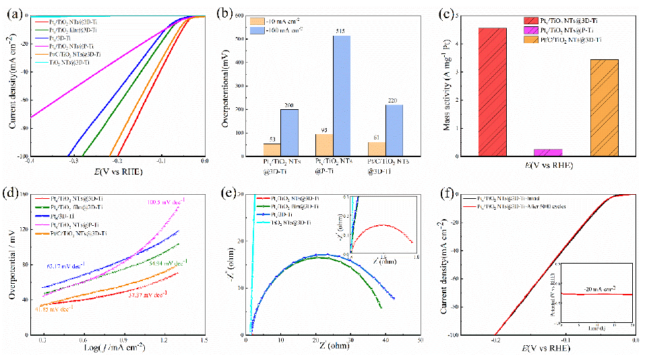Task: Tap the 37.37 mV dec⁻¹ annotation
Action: [x=148, y=294]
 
